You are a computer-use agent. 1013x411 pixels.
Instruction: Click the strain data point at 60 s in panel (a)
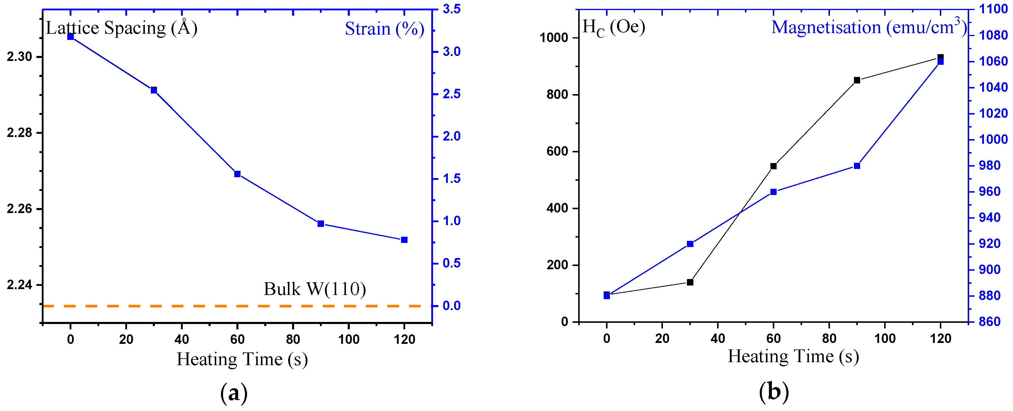(237, 174)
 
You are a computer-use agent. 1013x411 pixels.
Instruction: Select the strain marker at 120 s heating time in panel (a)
(404, 240)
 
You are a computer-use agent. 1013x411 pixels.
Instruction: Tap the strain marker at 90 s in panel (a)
(320, 224)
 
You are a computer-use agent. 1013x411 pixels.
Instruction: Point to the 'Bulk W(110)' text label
(315, 289)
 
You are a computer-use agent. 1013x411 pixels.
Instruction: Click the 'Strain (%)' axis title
(384, 29)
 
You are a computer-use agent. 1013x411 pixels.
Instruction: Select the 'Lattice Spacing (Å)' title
(121, 28)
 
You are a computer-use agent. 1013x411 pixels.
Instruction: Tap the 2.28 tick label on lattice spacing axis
(19, 133)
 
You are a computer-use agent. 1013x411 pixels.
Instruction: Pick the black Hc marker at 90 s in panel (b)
(857, 80)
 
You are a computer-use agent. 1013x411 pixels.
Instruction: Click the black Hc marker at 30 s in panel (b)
(690, 282)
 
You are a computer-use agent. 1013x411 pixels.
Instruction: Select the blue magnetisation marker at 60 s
(773, 192)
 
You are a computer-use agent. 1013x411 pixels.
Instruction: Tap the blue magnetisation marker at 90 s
(857, 166)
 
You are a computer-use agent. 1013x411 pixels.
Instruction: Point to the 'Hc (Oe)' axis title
(613, 28)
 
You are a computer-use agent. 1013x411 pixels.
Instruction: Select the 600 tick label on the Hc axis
(557, 152)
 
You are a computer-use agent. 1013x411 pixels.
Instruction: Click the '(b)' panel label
(773, 391)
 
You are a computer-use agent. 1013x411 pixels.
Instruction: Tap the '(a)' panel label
(234, 393)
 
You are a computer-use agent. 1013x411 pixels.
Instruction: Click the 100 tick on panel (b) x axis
(885, 338)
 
